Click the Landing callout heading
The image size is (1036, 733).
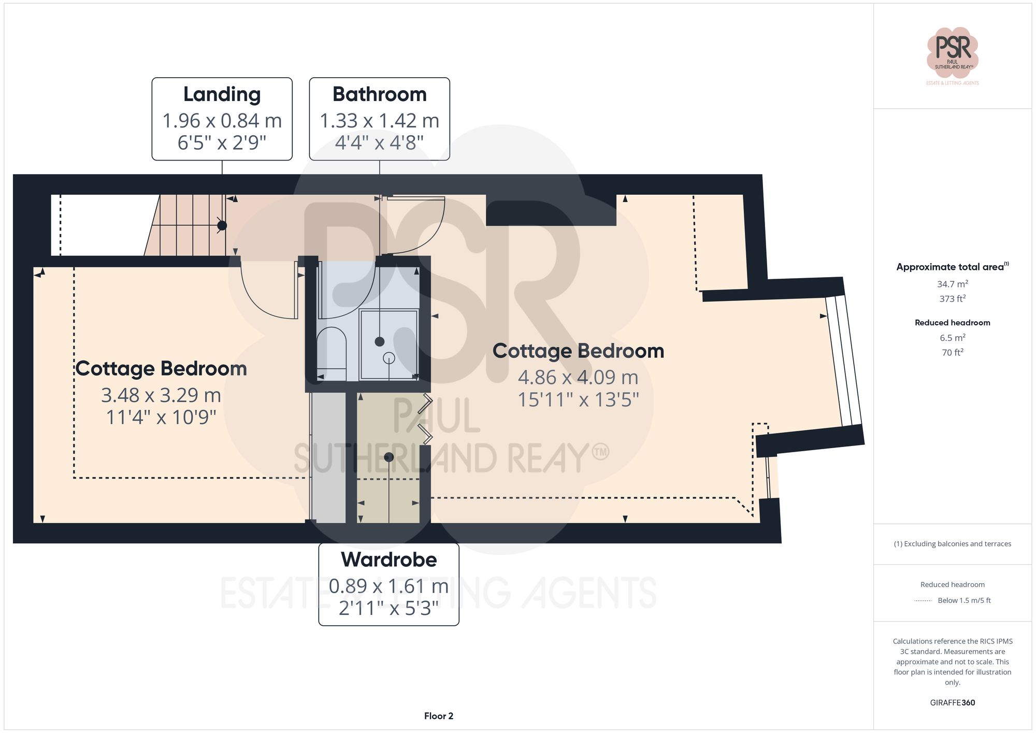point(222,95)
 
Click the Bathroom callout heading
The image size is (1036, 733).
point(379,95)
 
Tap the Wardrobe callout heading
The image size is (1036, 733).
point(388,560)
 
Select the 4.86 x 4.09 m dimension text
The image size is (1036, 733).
point(578,378)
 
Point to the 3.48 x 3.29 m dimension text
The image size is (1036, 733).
point(161,395)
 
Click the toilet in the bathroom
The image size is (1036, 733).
point(332,348)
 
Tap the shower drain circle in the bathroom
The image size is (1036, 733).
point(388,358)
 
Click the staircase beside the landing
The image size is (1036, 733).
point(186,225)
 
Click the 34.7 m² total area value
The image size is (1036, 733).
point(952,284)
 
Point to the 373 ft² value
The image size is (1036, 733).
point(952,299)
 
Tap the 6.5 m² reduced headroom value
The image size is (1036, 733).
point(952,338)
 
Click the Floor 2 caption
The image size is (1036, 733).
point(438,716)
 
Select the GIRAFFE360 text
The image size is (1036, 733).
point(952,703)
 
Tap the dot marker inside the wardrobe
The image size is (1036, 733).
point(389,457)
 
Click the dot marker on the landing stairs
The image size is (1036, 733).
point(222,225)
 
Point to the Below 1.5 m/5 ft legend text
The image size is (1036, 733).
point(963,600)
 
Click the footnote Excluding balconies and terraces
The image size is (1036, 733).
point(952,544)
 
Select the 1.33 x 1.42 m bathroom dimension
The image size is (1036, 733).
point(379,121)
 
